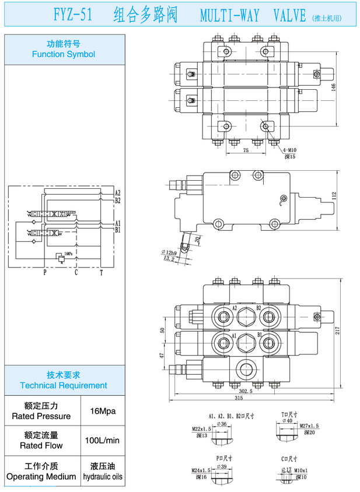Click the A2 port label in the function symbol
(x=117, y=192)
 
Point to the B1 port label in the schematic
(x=117, y=230)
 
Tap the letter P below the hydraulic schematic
(x=44, y=272)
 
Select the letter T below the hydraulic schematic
(x=101, y=272)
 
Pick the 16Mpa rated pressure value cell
(x=103, y=411)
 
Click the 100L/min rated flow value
(x=103, y=440)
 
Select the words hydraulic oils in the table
(x=103, y=476)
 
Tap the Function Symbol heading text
(x=64, y=54)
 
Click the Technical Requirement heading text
(x=64, y=385)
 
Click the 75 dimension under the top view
(x=229, y=150)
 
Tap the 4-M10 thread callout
(x=290, y=150)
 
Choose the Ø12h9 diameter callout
(x=171, y=252)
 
